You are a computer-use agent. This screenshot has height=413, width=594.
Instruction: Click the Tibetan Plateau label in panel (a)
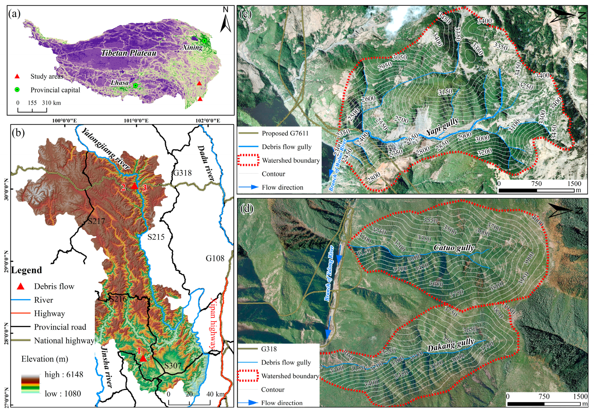[129, 53]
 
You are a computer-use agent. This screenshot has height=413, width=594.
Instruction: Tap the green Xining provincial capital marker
[204, 41]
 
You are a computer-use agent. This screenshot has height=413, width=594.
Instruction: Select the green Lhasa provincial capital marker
[135, 85]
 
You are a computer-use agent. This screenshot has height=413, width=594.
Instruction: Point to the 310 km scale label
[51, 103]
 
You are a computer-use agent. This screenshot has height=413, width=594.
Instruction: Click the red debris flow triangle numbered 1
[143, 359]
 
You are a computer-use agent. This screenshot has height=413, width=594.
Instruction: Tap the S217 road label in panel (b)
[96, 221]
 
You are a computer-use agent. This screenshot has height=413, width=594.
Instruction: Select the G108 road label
[215, 258]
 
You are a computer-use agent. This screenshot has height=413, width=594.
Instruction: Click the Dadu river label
[206, 163]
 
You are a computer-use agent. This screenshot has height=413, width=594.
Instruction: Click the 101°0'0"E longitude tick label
[136, 121]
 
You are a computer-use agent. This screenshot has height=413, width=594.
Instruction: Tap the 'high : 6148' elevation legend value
[64, 374]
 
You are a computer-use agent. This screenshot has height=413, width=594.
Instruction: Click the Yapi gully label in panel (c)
[442, 127]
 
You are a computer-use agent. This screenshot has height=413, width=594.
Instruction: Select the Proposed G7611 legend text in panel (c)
[285, 133]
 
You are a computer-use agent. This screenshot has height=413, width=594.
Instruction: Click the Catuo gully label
[454, 248]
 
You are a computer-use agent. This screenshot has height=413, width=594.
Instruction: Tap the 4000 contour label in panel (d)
[537, 221]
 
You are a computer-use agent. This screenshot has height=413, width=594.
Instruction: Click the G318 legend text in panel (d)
[269, 349]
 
